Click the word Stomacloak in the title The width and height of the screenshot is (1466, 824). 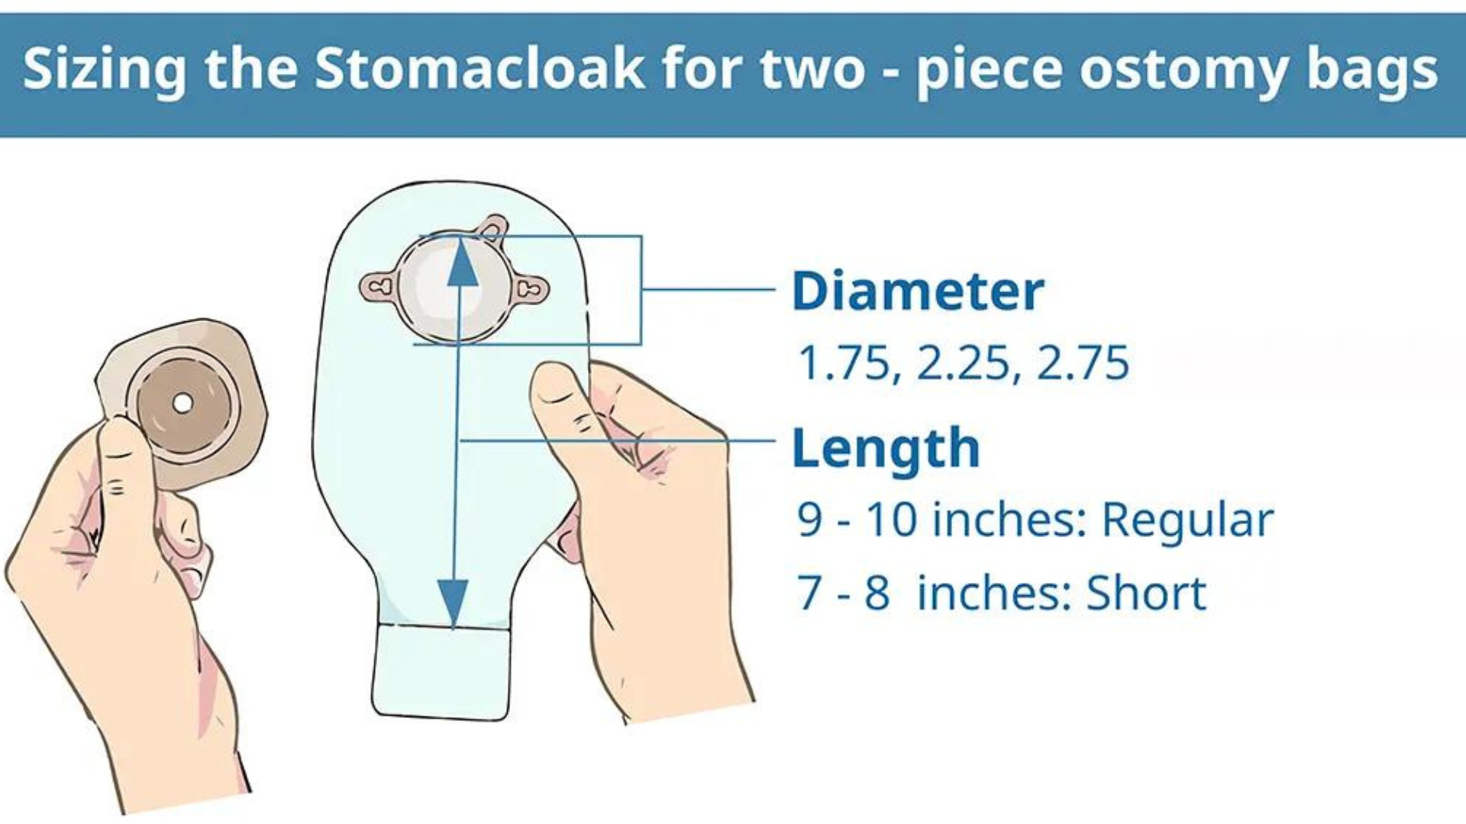(479, 69)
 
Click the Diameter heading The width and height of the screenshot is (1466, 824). (918, 291)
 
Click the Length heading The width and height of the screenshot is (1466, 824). (886, 449)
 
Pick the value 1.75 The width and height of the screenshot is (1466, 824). (843, 363)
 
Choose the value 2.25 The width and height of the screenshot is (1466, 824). (964, 363)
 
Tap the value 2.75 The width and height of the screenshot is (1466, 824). (1083, 363)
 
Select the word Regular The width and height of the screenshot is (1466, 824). (1187, 521)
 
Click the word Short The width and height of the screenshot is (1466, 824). (1146, 594)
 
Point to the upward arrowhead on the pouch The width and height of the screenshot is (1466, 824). (462, 263)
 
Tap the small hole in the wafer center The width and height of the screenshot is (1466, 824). (182, 402)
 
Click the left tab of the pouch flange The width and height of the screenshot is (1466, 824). (379, 288)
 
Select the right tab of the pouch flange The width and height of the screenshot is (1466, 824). (530, 288)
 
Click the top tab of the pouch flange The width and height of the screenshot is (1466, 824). (491, 227)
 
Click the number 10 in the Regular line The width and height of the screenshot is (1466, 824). (891, 521)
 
